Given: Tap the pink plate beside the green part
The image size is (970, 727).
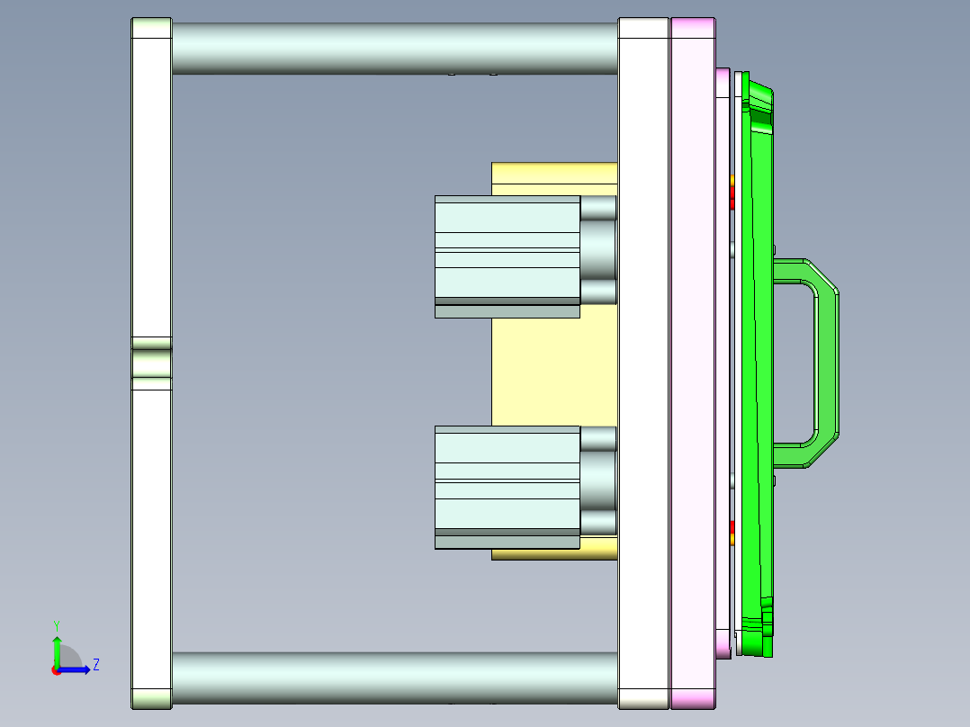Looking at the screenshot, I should (693, 360).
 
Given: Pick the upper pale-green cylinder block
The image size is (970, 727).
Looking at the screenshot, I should (507, 247).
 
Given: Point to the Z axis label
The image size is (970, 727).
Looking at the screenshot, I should (95, 665).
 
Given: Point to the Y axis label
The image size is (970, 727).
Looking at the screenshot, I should (56, 624).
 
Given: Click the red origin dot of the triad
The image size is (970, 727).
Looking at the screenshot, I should (56, 669).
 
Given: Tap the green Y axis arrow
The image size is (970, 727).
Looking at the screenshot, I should (56, 650).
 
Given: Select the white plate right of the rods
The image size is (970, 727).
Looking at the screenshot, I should (643, 360).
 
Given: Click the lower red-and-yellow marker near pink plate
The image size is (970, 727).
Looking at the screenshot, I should (732, 533).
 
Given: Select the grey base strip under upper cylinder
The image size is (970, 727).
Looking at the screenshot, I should (507, 310).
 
